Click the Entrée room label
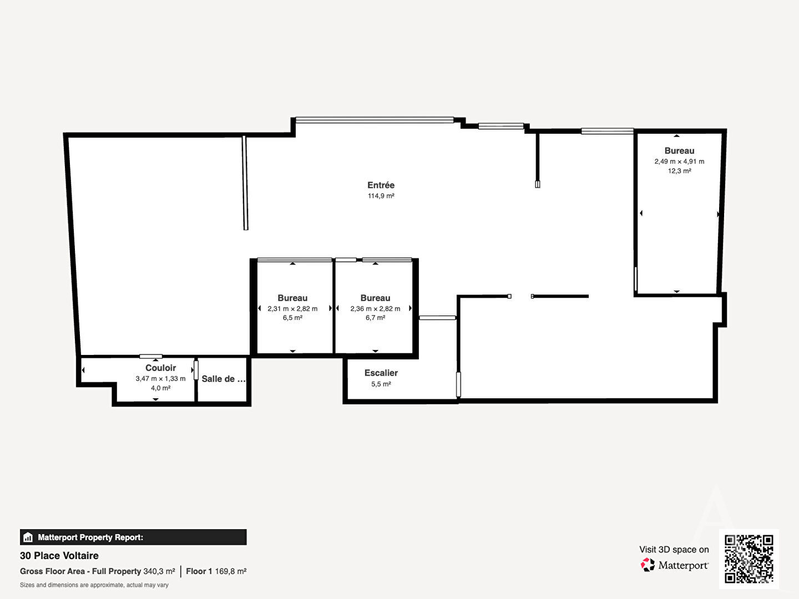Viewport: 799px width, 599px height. pos(381,185)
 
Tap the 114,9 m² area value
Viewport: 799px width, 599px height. pos(381,196)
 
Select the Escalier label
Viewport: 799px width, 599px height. pos(381,373)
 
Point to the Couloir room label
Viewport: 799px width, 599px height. pos(160,368)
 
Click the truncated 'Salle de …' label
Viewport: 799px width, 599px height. pos(224,379)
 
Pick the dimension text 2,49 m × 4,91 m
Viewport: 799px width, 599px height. pos(679,161)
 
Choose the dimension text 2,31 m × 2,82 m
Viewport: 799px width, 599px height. pos(292,309)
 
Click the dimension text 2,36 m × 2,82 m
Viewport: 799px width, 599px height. pos(375,309)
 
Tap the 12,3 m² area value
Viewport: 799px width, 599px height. pos(679,171)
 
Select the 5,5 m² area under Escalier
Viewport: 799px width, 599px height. pos(381,384)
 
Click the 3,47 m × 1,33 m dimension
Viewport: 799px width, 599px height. pos(160,379)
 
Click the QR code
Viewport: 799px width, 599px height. pos(749,559)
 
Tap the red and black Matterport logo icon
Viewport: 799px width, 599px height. pos(648,565)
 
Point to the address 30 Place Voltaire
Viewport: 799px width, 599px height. pos(59,556)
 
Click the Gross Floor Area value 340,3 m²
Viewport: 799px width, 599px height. pos(159,571)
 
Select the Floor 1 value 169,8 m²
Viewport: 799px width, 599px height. pos(231,571)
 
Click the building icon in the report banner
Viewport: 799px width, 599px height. pos(28,537)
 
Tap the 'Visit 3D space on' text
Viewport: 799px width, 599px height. pos(674,550)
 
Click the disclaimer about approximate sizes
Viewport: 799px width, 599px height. pos(94,585)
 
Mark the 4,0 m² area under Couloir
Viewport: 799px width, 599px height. pos(160,388)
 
